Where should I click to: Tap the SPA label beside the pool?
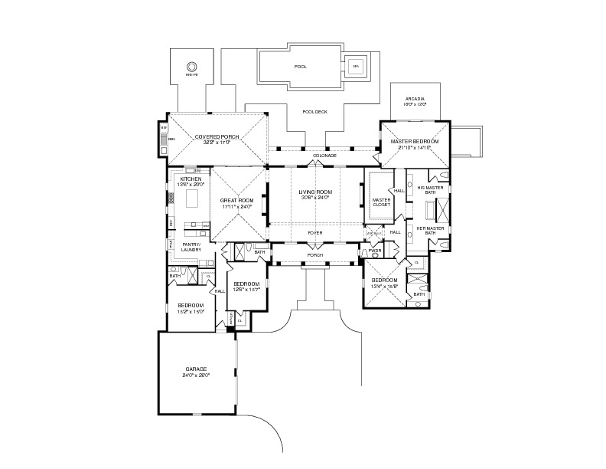(x=355, y=67)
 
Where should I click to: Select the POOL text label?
(x=301, y=67)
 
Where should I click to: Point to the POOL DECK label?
(x=314, y=112)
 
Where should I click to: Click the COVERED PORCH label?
(x=217, y=136)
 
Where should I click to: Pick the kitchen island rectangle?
(x=192, y=200)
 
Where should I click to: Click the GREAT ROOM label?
(x=236, y=202)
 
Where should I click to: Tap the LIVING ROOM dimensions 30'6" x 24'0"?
(x=314, y=198)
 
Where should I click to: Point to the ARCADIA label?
(x=415, y=99)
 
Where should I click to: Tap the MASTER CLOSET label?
(x=381, y=202)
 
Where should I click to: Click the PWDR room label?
(x=376, y=250)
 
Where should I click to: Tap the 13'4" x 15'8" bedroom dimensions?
(x=385, y=287)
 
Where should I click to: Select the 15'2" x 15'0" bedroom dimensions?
(x=191, y=311)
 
